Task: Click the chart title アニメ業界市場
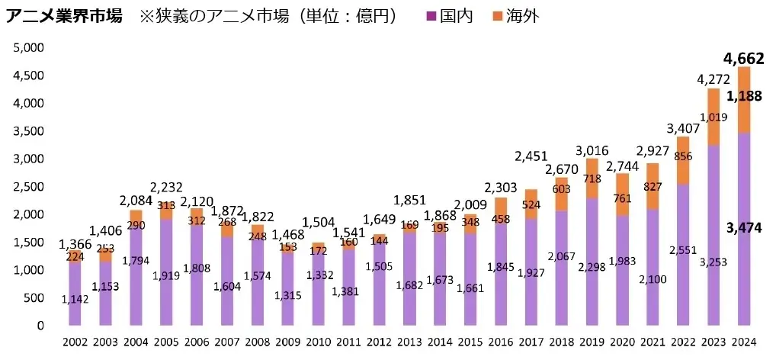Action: (x=64, y=16)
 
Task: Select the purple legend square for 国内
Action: (x=431, y=16)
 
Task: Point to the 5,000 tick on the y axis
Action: (x=30, y=47)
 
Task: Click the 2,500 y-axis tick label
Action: (x=30, y=186)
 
